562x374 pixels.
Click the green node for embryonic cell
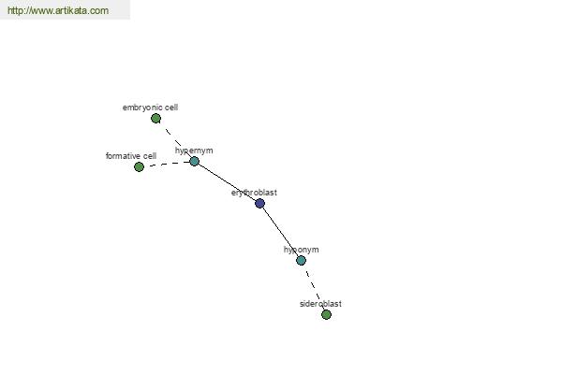pyautogui.click(x=155, y=119)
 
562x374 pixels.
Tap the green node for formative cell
pyautogui.click(x=139, y=166)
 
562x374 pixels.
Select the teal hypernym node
pyautogui.click(x=194, y=162)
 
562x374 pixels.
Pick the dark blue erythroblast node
pyautogui.click(x=259, y=204)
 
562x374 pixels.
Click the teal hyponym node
pyautogui.click(x=301, y=261)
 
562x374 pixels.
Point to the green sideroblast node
pyautogui.click(x=326, y=314)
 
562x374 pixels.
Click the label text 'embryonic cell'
pyautogui.click(x=150, y=108)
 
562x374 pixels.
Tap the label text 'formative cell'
pyautogui.click(x=131, y=156)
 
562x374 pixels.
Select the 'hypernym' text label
pyautogui.click(x=194, y=151)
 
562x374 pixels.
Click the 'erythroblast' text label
pyautogui.click(x=254, y=193)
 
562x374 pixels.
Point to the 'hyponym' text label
pyautogui.click(x=301, y=250)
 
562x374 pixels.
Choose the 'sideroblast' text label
pyautogui.click(x=320, y=304)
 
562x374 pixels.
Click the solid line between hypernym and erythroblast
pyautogui.click(x=228, y=181)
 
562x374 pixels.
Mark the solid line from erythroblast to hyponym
pyautogui.click(x=282, y=231)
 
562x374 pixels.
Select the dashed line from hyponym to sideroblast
pyautogui.click(x=314, y=287)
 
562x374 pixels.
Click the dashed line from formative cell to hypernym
pyautogui.click(x=167, y=164)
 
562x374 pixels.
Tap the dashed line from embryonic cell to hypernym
pyautogui.click(x=175, y=140)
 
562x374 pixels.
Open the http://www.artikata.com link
pyautogui.click(x=58, y=10)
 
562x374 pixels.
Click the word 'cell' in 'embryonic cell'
pyautogui.click(x=171, y=108)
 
